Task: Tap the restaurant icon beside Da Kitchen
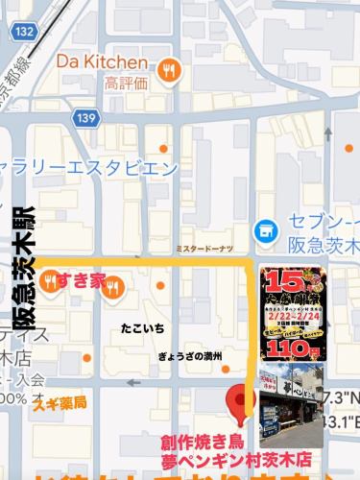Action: [x=170, y=68]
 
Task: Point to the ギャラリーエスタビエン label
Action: [x=92, y=169]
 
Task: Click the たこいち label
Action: [x=142, y=328]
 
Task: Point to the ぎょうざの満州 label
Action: [x=190, y=356]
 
